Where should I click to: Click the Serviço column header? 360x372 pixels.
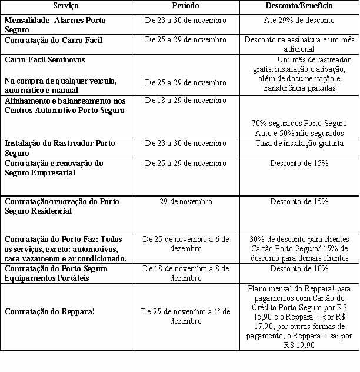click(65, 6)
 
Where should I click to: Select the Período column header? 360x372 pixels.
click(185, 6)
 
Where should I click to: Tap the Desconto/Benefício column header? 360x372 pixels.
click(299, 6)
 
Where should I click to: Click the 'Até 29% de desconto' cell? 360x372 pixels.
click(299, 21)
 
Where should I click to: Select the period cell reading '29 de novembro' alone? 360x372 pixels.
click(185, 202)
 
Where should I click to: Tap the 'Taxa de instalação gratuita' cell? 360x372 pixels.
click(299, 143)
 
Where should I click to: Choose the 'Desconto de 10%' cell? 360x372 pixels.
click(299, 269)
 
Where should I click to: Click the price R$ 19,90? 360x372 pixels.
click(299, 346)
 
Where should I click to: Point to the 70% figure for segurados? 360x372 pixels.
click(259, 124)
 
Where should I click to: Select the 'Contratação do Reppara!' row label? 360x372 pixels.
click(50, 311)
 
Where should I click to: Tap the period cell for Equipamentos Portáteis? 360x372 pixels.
click(185, 273)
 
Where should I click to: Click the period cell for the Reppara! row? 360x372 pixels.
click(185, 316)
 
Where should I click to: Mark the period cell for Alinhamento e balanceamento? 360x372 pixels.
click(185, 101)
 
